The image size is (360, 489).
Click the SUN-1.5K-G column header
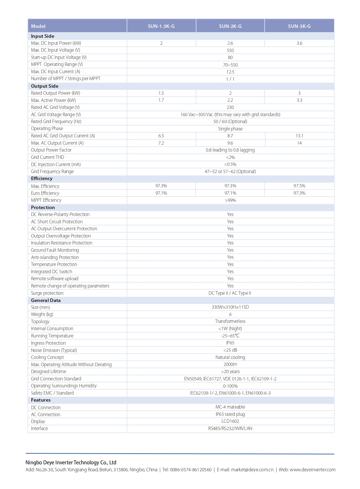pyautogui.click(x=161, y=26)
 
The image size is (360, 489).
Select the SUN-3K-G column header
pyautogui.click(x=299, y=26)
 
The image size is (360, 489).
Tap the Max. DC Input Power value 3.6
pyautogui.click(x=299, y=43)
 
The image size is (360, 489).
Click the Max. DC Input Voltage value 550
pyautogui.click(x=230, y=51)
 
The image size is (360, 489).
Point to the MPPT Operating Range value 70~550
pyautogui.click(x=230, y=65)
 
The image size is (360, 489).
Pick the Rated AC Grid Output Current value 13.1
pyautogui.click(x=299, y=136)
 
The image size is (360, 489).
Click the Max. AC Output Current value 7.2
pyautogui.click(x=161, y=143)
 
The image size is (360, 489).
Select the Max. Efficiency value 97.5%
pyautogui.click(x=299, y=186)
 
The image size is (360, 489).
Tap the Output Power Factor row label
pyautogui.click(x=51, y=150)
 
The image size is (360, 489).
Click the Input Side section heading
pyautogui.click(x=43, y=36)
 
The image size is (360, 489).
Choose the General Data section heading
pyautogui.click(x=46, y=300)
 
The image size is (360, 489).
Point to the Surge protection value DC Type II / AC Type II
pyautogui.click(x=230, y=293)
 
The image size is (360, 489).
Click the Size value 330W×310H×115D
pyautogui.click(x=230, y=307)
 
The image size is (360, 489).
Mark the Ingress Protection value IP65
pyautogui.click(x=230, y=343)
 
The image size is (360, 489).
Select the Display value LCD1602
pyautogui.click(x=230, y=421)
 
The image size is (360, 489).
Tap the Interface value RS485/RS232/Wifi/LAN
pyautogui.click(x=230, y=429)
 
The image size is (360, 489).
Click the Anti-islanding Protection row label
pyautogui.click(x=55, y=257)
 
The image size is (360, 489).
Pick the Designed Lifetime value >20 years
pyautogui.click(x=230, y=372)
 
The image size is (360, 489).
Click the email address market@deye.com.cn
pyautogui.click(x=252, y=470)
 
